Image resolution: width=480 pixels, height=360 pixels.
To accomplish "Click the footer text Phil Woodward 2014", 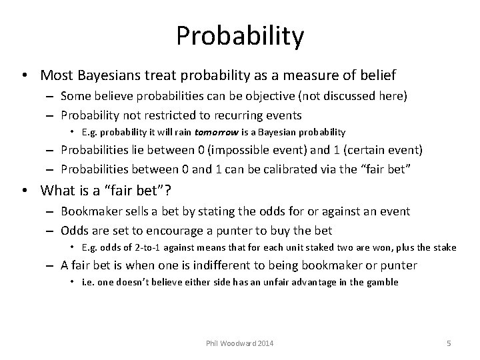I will (x=240, y=343).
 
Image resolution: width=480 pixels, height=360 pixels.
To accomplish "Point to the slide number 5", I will (x=449, y=343).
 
